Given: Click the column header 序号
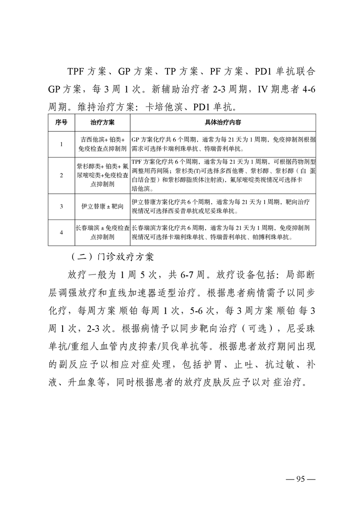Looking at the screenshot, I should coord(61,122).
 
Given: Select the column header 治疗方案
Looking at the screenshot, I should coord(102,122).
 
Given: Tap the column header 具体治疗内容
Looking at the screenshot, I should coord(223,122).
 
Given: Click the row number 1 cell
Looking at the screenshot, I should coord(61,144).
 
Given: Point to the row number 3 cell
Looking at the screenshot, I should coord(61,206).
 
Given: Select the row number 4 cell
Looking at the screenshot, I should coord(61,232).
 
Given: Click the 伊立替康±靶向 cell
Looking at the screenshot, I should coord(102,206).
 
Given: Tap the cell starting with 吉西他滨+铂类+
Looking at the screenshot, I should coord(102,144).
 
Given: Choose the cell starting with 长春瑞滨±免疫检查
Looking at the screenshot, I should coord(102,232).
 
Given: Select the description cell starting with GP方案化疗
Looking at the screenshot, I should coord(223,144).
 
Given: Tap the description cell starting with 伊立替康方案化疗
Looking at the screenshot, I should coord(223,206).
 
